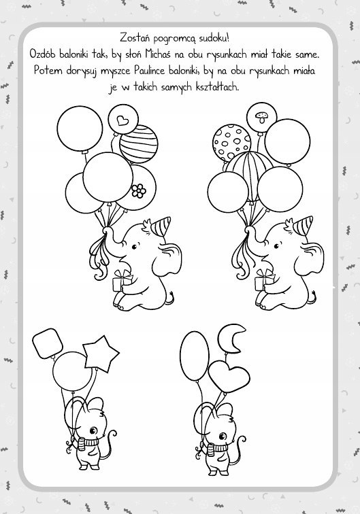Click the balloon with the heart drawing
123,120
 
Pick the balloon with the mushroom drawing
261,118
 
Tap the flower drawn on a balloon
139,190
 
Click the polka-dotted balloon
231,143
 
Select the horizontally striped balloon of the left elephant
139,143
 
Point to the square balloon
48,343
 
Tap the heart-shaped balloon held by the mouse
229,376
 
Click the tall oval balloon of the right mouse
195,356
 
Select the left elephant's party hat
162,226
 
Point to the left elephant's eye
134,246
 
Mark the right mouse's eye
223,436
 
